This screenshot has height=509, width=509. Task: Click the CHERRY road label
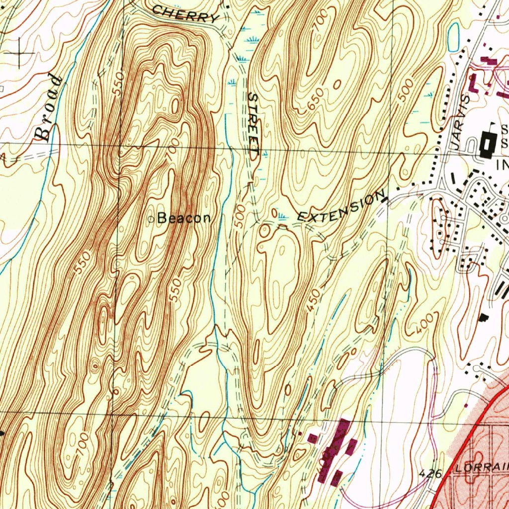pyautogui.click(x=185, y=13)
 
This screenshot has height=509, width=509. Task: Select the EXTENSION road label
pyautogui.click(x=341, y=208)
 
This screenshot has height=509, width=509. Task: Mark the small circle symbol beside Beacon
pyautogui.click(x=152, y=218)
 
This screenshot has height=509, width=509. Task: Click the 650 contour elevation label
pyautogui.click(x=316, y=99)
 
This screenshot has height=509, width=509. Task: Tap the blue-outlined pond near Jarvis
pyautogui.click(x=453, y=37)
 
